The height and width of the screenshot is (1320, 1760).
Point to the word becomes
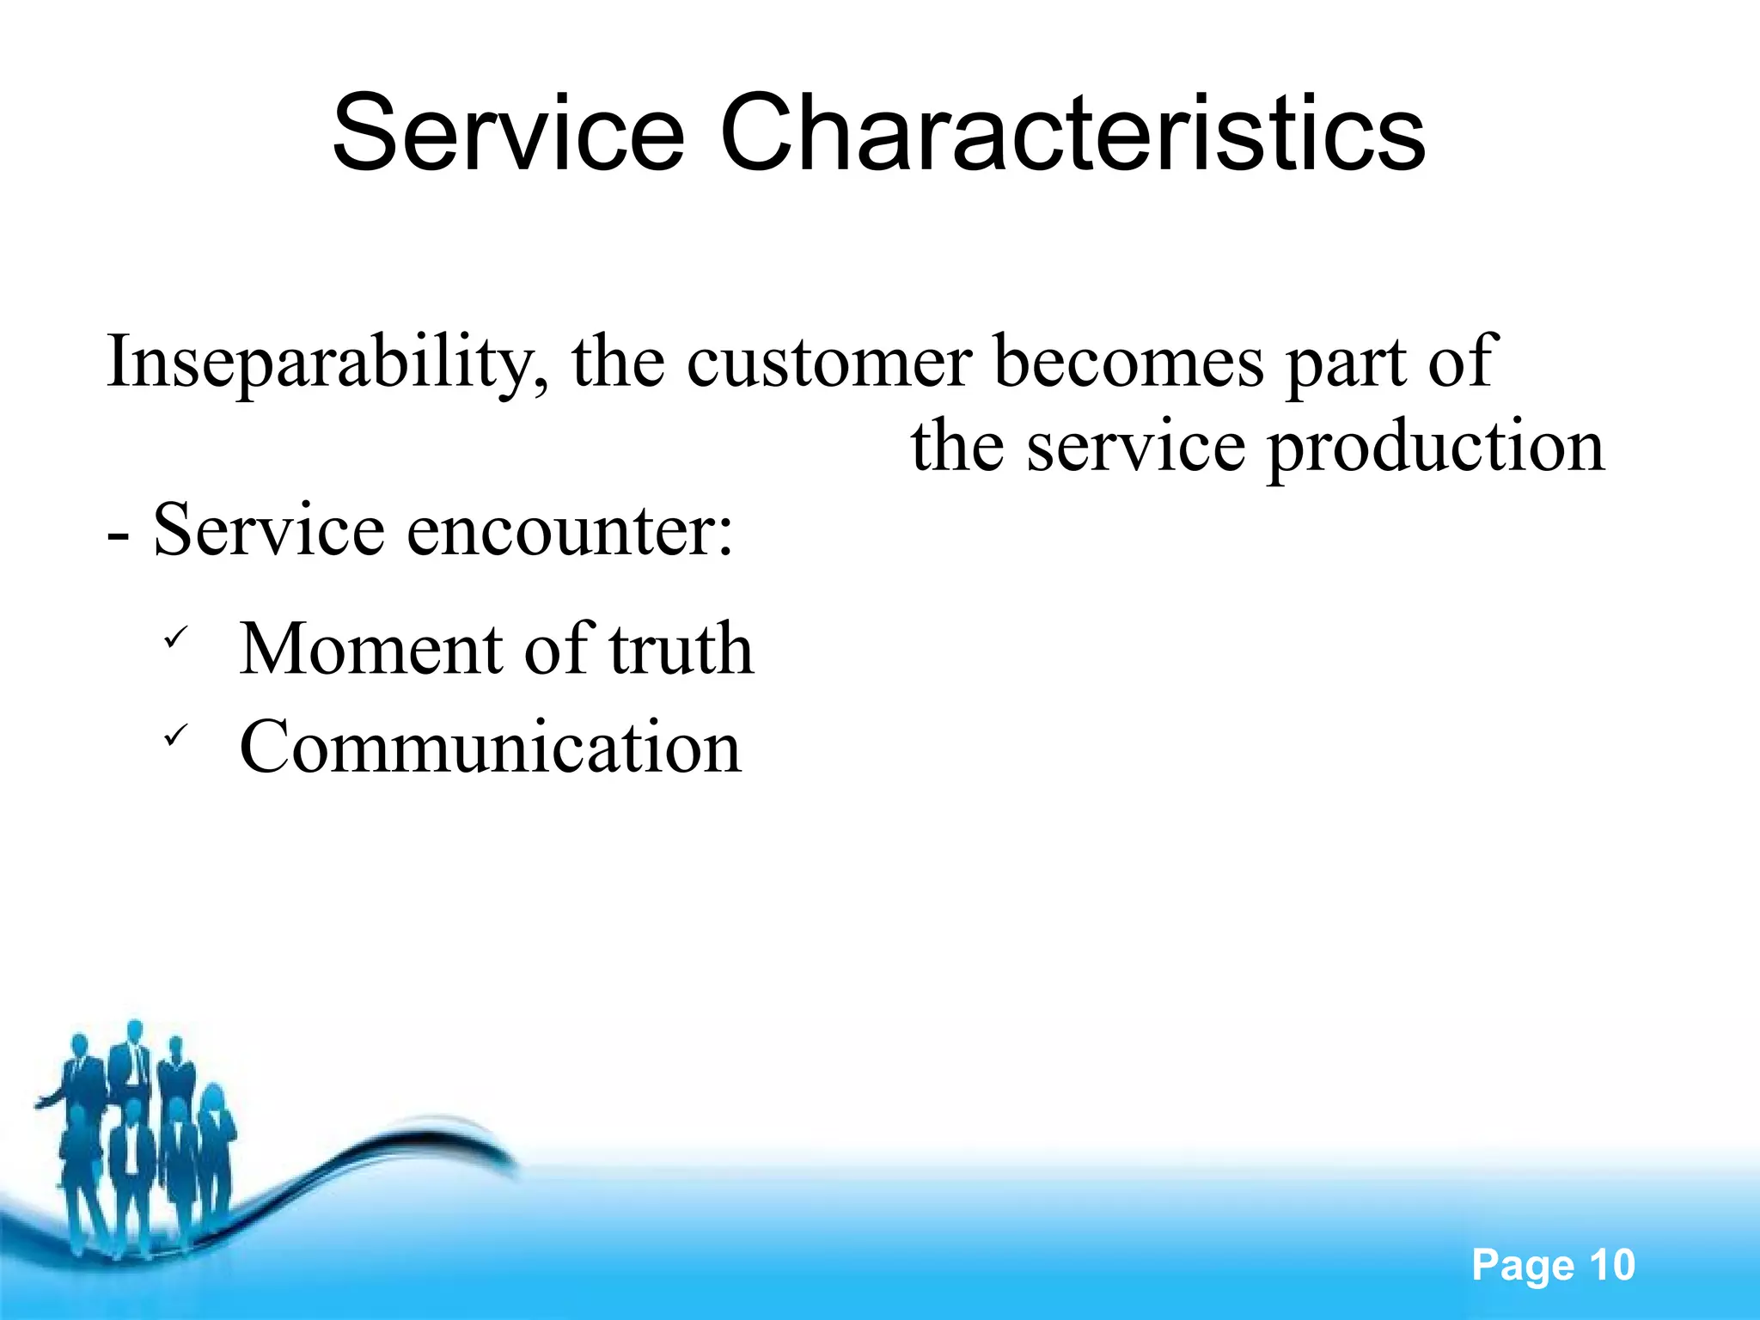[x=1128, y=361]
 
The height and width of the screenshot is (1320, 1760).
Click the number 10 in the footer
[x=1611, y=1265]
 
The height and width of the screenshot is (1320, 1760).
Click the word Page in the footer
[x=1522, y=1265]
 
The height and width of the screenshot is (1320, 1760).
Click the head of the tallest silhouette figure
[x=134, y=1030]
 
